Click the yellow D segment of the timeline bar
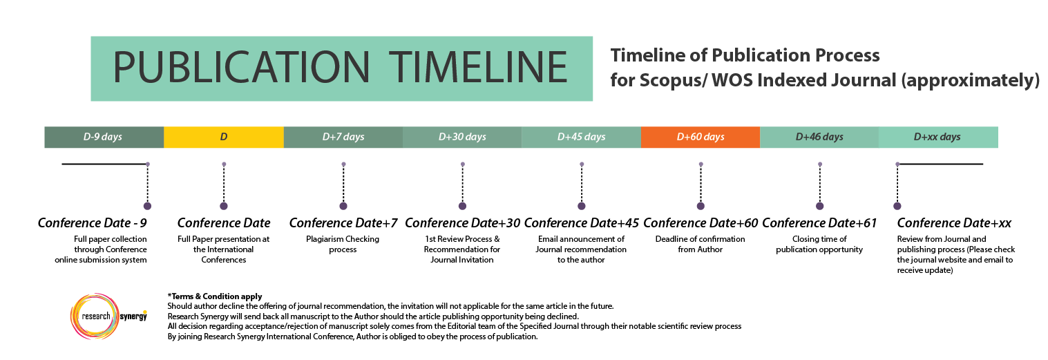tap(224, 138)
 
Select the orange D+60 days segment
tap(701, 138)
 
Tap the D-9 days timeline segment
tap(104, 138)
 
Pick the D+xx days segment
tap(938, 138)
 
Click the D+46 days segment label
tap(819, 137)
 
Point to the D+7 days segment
tap(343, 138)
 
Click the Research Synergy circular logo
tap(95, 316)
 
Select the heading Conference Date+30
tap(462, 222)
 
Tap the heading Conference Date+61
tap(819, 222)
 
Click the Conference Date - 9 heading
tap(92, 222)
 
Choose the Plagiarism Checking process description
tap(343, 244)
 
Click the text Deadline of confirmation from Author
tap(700, 244)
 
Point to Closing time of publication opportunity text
tap(819, 244)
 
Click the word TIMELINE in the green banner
tap(478, 68)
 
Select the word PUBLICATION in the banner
tap(241, 68)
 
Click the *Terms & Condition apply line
tap(215, 296)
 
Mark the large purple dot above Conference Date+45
tap(582, 206)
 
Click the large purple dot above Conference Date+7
tap(343, 206)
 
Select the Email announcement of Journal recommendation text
tap(581, 249)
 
